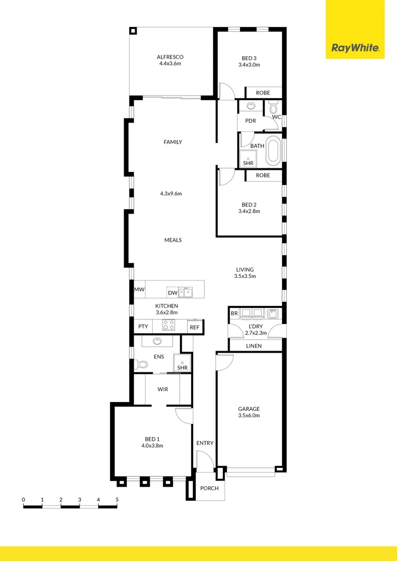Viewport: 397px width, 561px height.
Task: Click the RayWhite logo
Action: tap(355, 49)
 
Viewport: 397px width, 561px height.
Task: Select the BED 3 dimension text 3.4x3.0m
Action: tap(249, 65)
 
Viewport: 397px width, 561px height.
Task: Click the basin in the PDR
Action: tap(251, 106)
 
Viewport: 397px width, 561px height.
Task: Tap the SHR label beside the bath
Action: tap(248, 163)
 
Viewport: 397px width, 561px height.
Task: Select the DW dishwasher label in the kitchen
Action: tap(173, 293)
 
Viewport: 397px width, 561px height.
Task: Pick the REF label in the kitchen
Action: tap(194, 327)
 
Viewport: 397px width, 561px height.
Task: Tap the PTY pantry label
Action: tap(143, 327)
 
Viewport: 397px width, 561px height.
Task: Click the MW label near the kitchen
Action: tap(139, 289)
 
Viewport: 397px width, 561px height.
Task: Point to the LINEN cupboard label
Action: tap(254, 346)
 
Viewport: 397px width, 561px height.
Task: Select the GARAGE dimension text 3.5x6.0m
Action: tap(249, 416)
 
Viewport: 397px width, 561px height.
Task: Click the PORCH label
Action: tap(209, 489)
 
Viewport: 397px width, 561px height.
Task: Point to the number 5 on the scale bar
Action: tap(117, 500)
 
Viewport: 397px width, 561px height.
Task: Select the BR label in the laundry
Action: tap(234, 314)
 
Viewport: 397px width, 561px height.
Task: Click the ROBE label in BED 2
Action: tap(263, 176)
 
